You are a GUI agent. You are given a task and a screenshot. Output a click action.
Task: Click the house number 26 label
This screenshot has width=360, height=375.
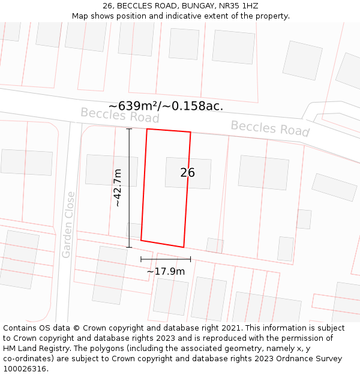point(187,173)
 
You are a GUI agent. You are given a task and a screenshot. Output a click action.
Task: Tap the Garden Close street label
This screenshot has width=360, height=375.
point(68,224)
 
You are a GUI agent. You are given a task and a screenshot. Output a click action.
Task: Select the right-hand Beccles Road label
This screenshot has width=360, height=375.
point(270,128)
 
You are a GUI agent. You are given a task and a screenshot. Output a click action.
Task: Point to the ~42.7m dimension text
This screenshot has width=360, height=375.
point(118,188)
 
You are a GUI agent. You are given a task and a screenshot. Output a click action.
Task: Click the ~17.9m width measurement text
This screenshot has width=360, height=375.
point(166,271)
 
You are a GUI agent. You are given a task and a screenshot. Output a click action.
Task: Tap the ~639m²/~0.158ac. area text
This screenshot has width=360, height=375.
point(166,106)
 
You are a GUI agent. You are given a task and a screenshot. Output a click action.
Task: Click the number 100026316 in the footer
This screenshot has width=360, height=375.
point(25,369)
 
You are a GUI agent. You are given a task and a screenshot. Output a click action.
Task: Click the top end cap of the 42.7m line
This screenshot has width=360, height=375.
point(129,129)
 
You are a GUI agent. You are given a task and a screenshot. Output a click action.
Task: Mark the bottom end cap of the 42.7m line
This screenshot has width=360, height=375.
point(129,247)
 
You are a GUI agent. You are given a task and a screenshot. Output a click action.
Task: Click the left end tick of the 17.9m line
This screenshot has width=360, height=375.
point(141,259)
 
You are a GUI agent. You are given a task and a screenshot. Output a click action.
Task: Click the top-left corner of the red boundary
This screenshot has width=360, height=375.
point(147,129)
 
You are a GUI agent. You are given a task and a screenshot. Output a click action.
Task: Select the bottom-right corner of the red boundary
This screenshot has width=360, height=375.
point(184,247)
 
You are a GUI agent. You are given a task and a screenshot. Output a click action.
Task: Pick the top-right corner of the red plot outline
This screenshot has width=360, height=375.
point(191,133)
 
